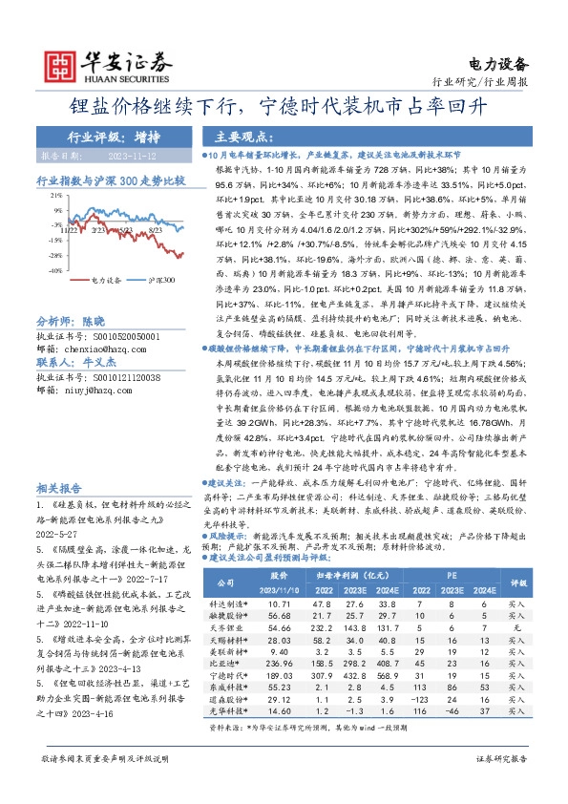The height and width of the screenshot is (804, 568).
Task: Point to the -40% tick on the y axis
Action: (57, 269)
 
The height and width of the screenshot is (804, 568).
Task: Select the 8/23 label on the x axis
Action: (157, 230)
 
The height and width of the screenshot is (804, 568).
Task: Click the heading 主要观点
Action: (239, 136)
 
